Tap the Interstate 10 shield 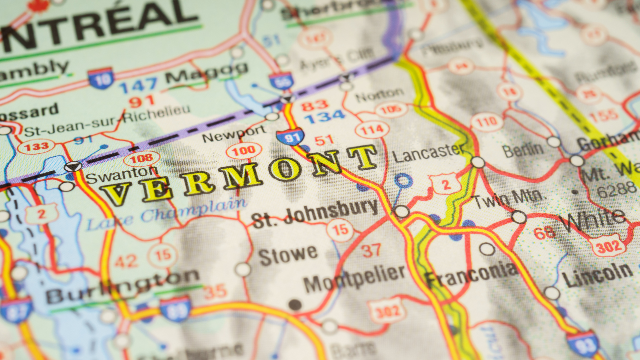click(x=101, y=78)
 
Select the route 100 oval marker click(x=244, y=151)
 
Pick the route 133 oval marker click(x=36, y=147)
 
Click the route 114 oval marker click(x=372, y=130)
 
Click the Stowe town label click(x=288, y=255)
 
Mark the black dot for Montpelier click(x=295, y=305)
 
